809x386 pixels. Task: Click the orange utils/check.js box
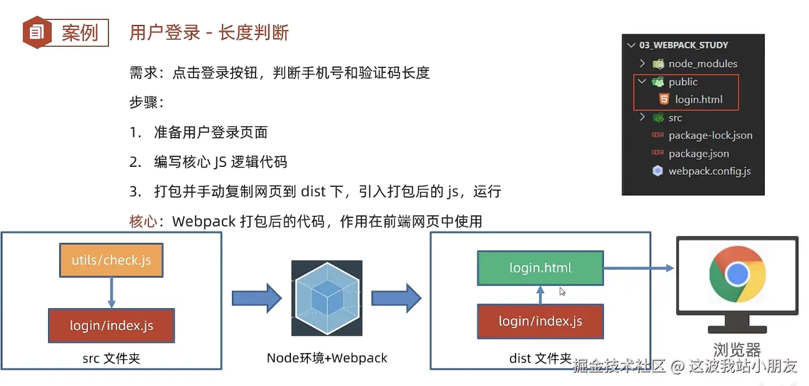coord(111,260)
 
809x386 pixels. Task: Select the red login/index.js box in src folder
coord(111,326)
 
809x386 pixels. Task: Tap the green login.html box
coord(540,268)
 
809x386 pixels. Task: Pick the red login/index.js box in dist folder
coord(540,321)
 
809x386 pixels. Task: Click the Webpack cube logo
coord(327,298)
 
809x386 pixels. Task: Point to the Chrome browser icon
coord(737,273)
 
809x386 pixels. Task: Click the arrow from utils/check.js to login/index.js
coord(111,293)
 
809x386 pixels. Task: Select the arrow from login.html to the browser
coord(639,268)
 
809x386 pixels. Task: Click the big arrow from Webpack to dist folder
coord(396,298)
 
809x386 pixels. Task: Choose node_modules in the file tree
coord(702,64)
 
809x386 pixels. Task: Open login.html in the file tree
coord(699,100)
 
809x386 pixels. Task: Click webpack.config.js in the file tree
coord(709,171)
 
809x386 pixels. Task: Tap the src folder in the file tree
coord(675,118)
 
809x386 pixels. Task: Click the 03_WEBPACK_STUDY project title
coord(683,45)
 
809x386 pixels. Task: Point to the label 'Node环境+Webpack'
coord(327,358)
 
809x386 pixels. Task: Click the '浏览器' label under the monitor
coord(737,350)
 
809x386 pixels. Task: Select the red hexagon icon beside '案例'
coord(37,32)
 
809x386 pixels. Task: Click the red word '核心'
coord(143,221)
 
